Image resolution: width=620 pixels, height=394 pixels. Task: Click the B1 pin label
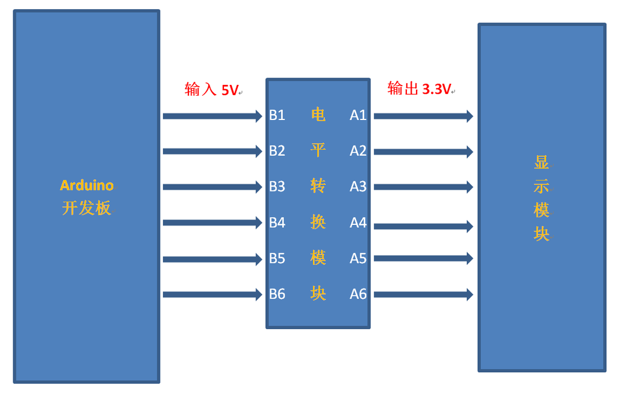(x=277, y=115)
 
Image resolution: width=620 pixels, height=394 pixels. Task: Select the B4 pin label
(x=277, y=222)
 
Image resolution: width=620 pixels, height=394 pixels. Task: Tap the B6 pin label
(x=277, y=294)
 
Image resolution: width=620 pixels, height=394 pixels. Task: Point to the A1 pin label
(x=358, y=115)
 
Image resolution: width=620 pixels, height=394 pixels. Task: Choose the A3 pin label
(x=358, y=187)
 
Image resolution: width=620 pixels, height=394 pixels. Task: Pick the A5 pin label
(x=358, y=258)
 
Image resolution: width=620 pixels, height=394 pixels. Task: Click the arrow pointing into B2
(x=212, y=151)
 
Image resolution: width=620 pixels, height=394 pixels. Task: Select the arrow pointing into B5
(x=212, y=259)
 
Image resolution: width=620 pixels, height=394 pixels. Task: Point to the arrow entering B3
(x=212, y=187)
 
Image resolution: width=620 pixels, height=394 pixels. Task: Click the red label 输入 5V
(x=211, y=90)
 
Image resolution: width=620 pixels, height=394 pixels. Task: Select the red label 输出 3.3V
(x=419, y=88)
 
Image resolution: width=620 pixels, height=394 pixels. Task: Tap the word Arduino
(x=87, y=185)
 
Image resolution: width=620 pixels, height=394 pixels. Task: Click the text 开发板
(x=87, y=208)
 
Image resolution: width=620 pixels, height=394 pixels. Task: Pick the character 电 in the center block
(x=318, y=115)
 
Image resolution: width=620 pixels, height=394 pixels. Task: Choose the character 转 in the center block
(x=318, y=186)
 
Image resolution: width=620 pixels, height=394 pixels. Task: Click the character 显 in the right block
(x=541, y=162)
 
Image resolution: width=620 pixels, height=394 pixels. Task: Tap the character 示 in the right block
(x=541, y=187)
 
